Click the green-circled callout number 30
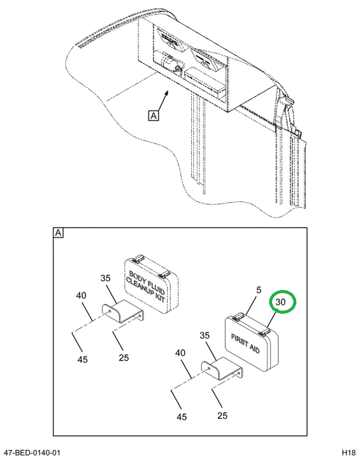point(280,302)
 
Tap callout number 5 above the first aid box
point(259,290)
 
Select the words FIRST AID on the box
point(245,344)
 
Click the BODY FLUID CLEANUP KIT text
point(145,286)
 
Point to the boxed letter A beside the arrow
point(154,115)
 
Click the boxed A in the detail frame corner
point(58,233)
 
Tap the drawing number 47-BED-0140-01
point(31,452)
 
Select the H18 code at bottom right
point(349,452)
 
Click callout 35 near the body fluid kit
point(105,278)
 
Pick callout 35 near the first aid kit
point(205,335)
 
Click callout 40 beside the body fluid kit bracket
point(81,295)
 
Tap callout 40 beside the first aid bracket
point(180,353)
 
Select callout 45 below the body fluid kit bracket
point(83,359)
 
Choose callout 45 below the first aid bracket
point(182,416)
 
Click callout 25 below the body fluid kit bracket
point(124,358)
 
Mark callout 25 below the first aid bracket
point(222,416)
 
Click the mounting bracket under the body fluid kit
point(123,311)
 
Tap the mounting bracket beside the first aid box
point(222,368)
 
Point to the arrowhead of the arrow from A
point(167,92)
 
